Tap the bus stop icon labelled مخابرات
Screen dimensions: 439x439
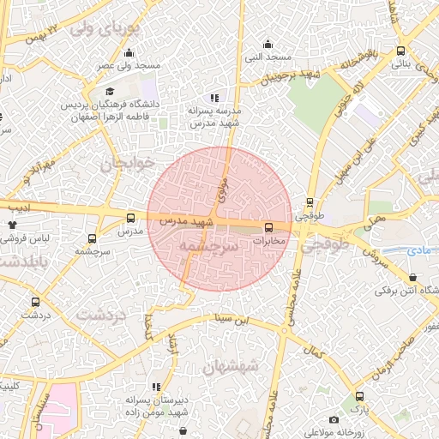coord(269,227)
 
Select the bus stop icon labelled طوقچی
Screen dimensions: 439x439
coord(310,203)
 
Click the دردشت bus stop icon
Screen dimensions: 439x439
coord(35,302)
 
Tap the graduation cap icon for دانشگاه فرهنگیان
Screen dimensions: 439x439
coord(109,92)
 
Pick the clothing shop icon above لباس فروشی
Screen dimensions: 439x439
coord(12,225)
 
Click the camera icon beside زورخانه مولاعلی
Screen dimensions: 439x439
coord(334,420)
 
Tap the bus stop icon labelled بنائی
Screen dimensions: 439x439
coord(400,51)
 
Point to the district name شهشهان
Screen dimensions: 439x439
coord(232,367)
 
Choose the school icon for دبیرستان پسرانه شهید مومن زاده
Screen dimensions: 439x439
coord(156,387)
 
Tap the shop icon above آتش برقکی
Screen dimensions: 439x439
coord(414,278)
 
